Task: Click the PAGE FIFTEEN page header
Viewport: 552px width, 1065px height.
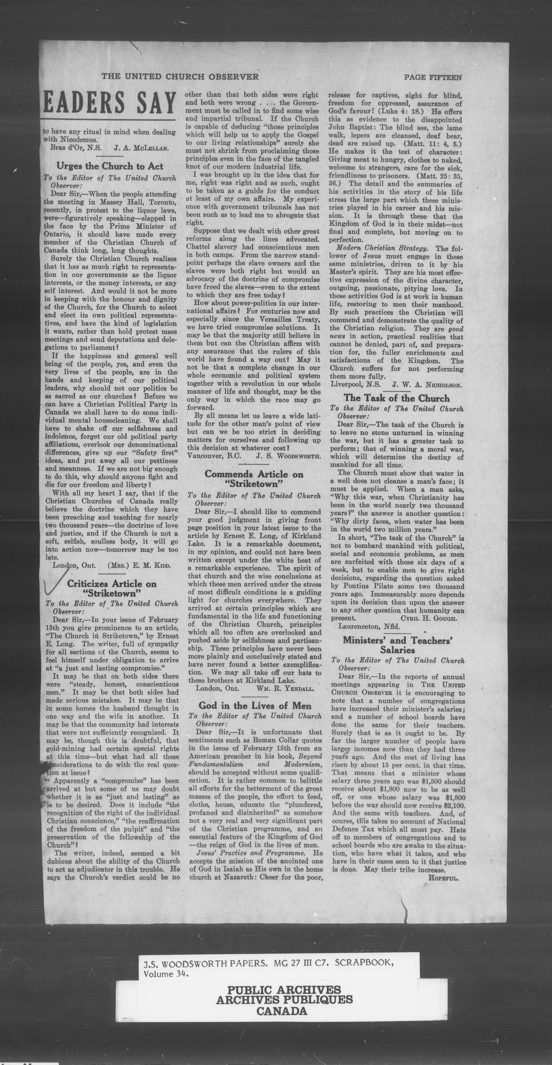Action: (x=433, y=77)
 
